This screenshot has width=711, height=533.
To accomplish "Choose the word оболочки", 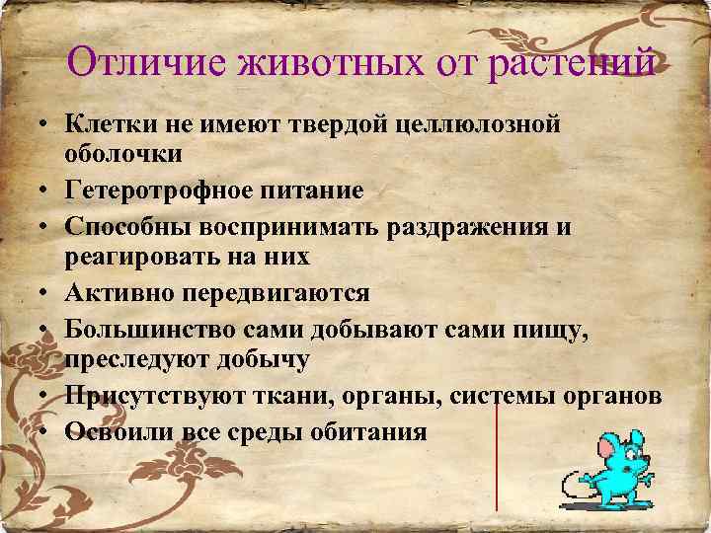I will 122,154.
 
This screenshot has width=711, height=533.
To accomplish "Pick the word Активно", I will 107,293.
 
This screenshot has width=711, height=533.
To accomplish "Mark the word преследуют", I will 127,360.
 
